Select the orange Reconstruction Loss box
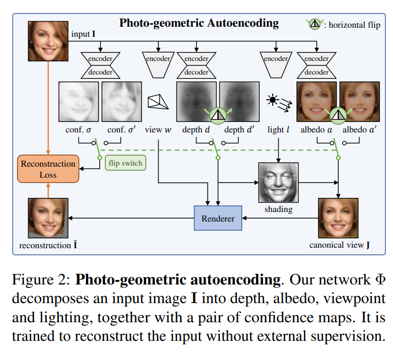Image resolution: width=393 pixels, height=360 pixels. point(48,169)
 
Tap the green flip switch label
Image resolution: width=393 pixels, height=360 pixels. point(124,163)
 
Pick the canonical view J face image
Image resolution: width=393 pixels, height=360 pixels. point(338,218)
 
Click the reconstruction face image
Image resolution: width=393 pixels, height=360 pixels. point(48,218)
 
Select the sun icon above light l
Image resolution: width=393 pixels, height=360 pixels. point(273,100)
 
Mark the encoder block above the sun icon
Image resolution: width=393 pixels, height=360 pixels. point(276,63)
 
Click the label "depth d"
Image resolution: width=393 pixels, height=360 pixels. point(196,129)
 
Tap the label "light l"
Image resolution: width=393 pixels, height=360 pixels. point(279,129)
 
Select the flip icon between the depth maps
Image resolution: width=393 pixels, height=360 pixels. point(217,115)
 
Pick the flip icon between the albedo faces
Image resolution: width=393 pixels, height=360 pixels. point(337,115)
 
